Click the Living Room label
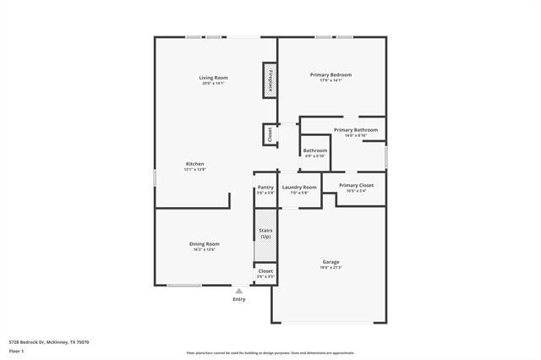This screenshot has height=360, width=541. coord(214,78)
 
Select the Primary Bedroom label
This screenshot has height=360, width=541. coord(331,74)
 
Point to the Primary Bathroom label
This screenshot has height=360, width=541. coord(356,129)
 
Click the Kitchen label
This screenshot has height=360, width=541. coord(195,164)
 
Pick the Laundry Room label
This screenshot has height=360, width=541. coord(299,187)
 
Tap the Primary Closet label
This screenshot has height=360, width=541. coord(356,185)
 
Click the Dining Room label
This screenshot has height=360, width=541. coord(204,243)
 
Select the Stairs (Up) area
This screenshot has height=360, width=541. coord(265,232)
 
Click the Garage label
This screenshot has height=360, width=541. coord(331,262)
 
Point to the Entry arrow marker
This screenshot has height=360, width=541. coord(239,292)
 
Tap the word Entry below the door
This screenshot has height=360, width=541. coord(239,299)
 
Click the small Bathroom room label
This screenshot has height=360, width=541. coord(314,150)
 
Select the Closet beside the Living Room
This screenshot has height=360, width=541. coord(270,133)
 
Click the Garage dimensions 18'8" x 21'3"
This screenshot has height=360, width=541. coord(331,268)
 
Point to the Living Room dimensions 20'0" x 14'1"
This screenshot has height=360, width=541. coord(214,83)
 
